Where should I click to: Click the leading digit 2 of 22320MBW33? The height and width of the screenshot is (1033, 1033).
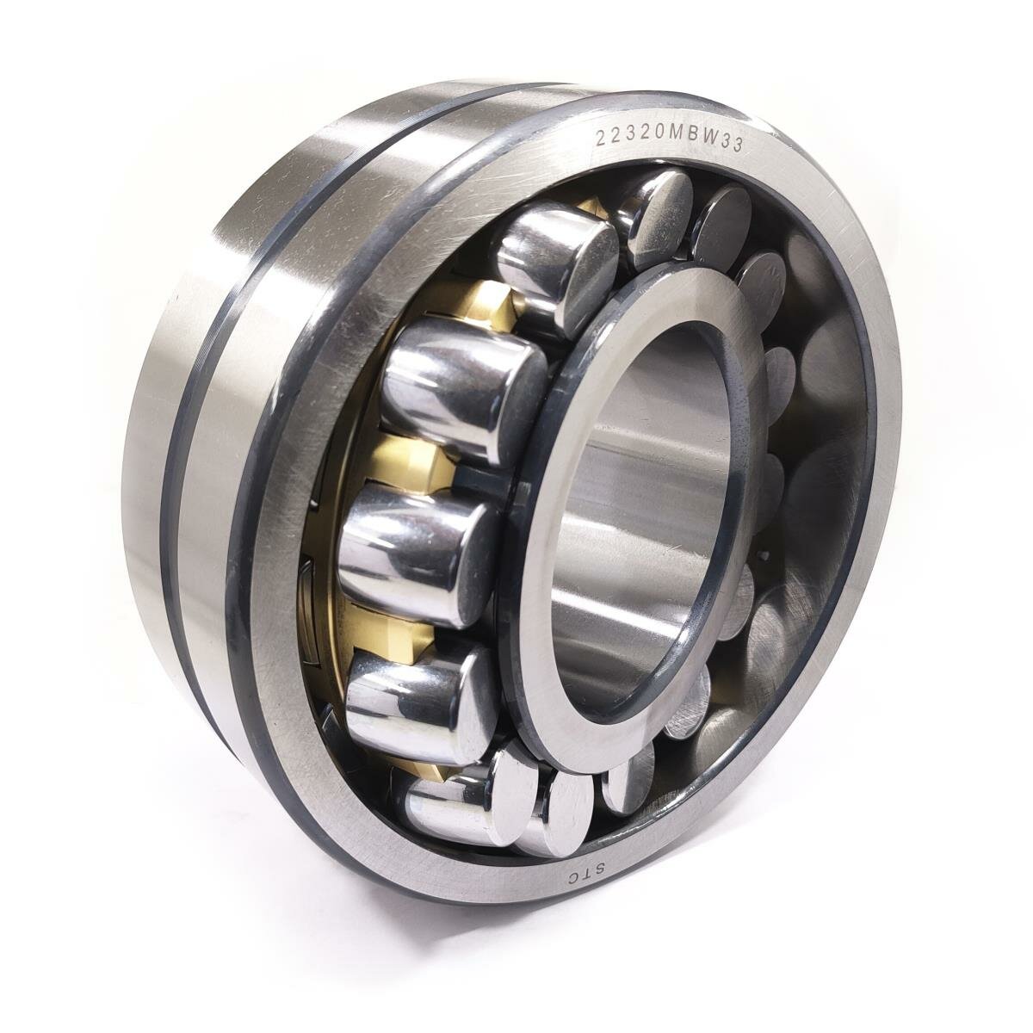coord(602,139)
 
